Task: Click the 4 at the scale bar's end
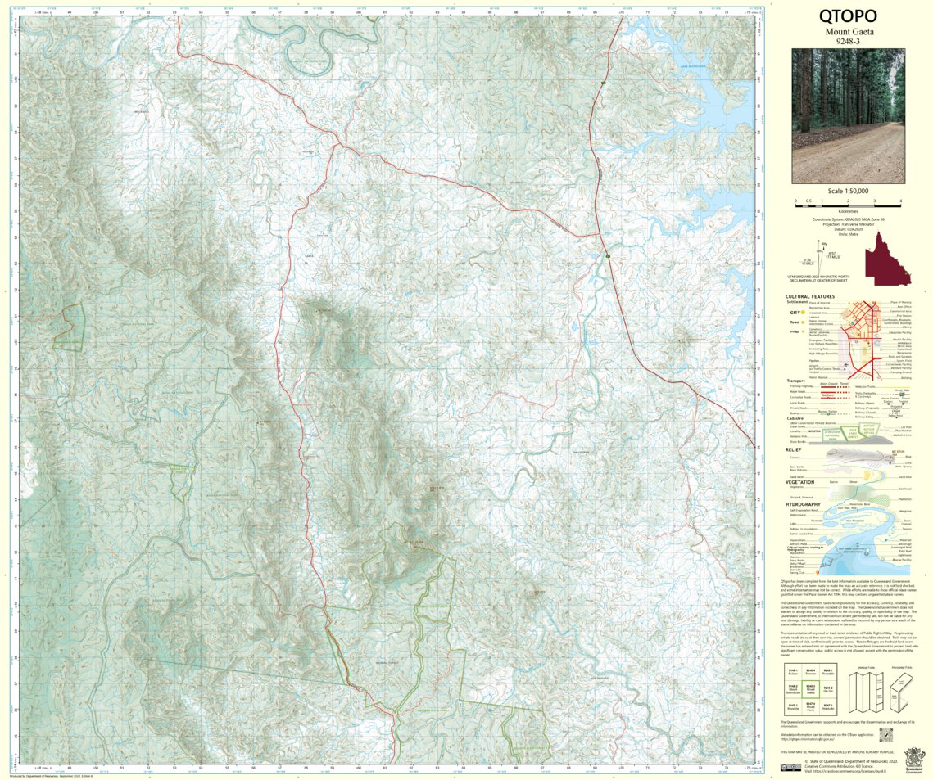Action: pyautogui.click(x=900, y=201)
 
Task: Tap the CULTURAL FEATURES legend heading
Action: pyautogui.click(x=810, y=297)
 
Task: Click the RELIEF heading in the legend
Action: pyautogui.click(x=792, y=449)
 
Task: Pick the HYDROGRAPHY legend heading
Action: pyautogui.click(x=804, y=504)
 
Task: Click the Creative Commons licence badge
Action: pyautogui.click(x=790, y=766)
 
